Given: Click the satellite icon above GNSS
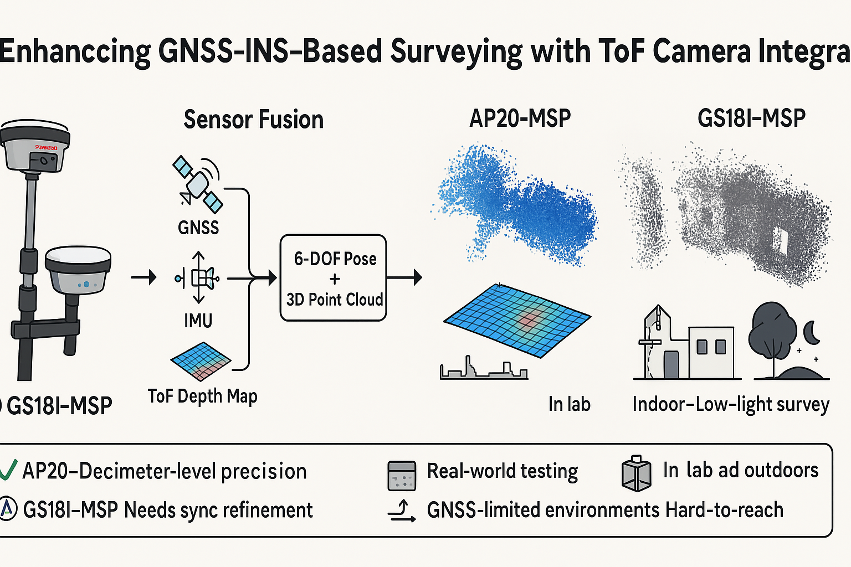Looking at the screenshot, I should click(x=198, y=184).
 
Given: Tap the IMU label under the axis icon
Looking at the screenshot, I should click(x=198, y=321).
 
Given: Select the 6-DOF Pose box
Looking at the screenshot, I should click(x=333, y=278).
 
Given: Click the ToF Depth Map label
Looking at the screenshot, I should click(x=202, y=396).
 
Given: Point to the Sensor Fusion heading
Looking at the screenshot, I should click(x=253, y=120).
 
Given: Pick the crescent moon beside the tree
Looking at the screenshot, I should click(x=812, y=332).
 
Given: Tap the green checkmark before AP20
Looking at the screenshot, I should click(x=8, y=471).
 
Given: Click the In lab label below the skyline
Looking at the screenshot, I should click(x=569, y=404).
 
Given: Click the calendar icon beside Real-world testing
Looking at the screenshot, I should click(x=402, y=476).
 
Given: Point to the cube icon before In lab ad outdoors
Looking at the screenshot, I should click(x=636, y=475).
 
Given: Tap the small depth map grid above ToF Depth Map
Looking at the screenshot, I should click(x=201, y=360).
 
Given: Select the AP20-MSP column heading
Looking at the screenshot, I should click(x=520, y=118).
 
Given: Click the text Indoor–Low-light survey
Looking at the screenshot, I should click(x=730, y=405).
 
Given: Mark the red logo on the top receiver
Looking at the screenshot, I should click(x=46, y=147).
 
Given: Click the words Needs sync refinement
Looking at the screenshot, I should click(x=218, y=510).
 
